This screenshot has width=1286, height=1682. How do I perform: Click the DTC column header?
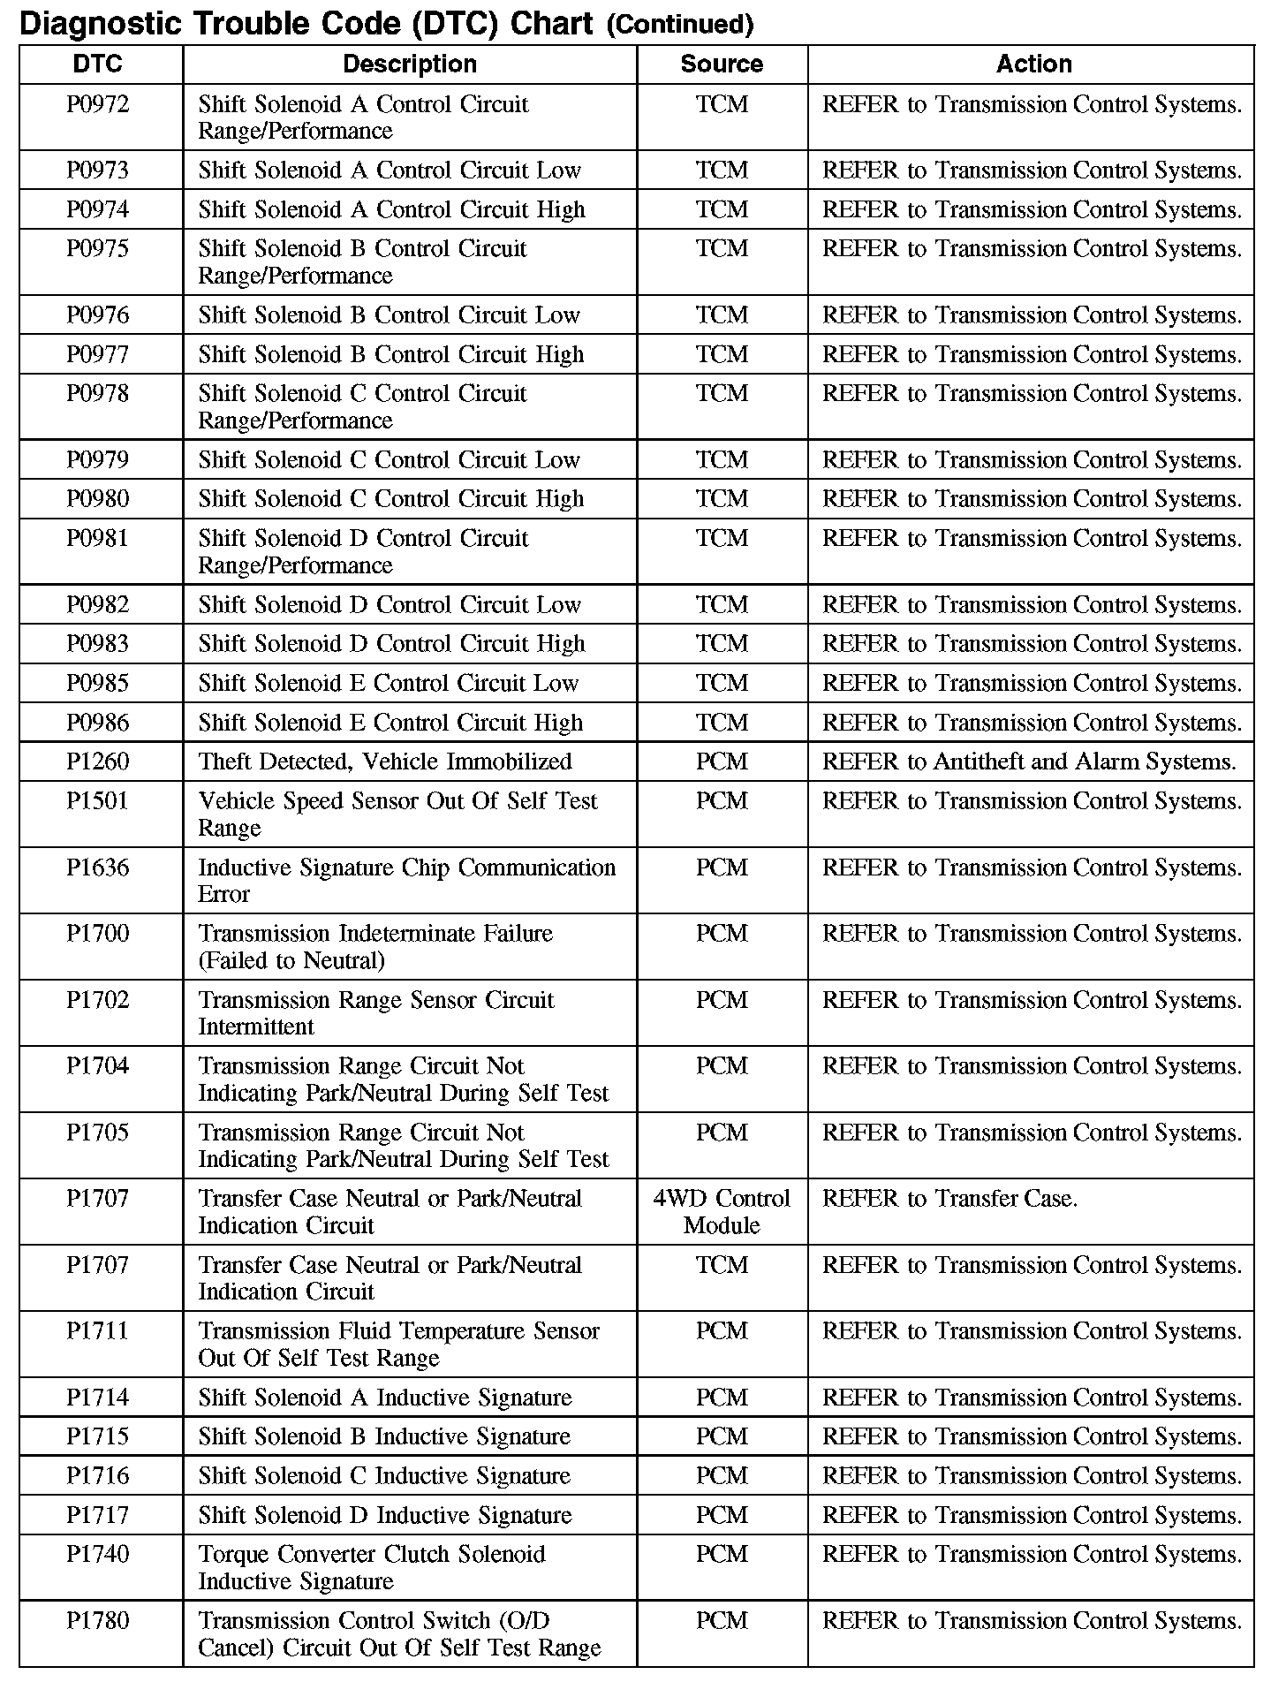98,64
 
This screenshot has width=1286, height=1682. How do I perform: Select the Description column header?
410,64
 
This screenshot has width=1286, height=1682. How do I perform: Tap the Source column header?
722,64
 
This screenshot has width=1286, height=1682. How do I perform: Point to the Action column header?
1033,64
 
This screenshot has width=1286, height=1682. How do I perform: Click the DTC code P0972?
98,105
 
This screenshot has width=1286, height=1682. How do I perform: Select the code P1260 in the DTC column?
98,761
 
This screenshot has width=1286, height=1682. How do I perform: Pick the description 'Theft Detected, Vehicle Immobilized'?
385,761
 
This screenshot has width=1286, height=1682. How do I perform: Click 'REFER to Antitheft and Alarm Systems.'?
1029,761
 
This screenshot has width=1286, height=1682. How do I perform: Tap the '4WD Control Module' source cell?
722,1212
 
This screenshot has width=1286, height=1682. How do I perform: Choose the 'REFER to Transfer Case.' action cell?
949,1199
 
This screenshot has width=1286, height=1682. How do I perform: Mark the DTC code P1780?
98,1621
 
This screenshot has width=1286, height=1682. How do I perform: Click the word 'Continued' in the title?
680,25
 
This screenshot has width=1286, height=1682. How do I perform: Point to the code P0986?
98,723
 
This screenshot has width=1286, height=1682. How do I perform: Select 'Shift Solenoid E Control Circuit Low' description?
389,683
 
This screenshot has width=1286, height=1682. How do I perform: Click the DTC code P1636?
98,868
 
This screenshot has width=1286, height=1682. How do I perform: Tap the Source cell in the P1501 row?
722,801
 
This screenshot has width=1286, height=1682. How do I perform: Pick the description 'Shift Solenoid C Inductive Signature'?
384,1476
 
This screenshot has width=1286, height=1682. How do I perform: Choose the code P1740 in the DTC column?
98,1555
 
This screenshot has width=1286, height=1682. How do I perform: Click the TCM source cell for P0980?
722,499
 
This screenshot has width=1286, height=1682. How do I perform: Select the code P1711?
98,1331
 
